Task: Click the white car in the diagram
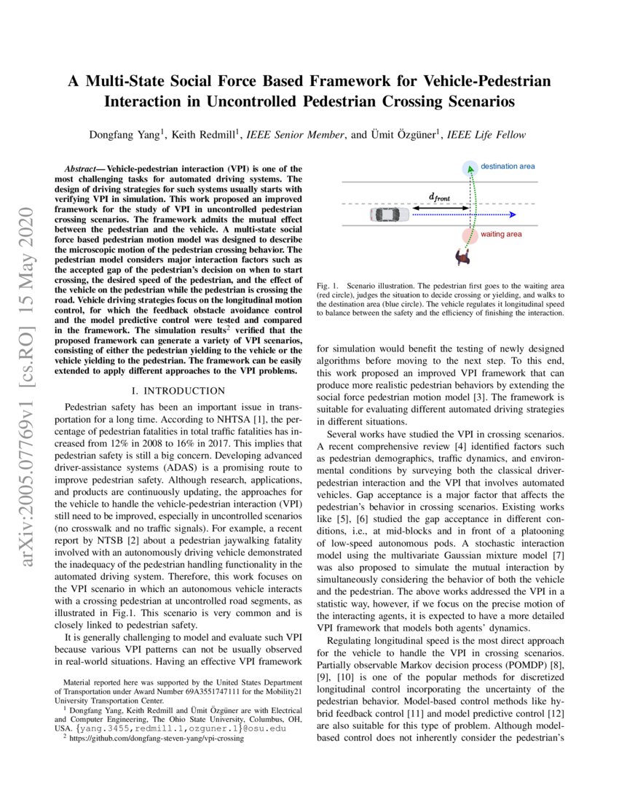click(x=388, y=214)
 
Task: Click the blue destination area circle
click(x=470, y=168)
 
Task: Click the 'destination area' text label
click(x=508, y=166)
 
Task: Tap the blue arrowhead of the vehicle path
click(x=513, y=214)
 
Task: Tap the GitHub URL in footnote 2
click(x=154, y=738)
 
